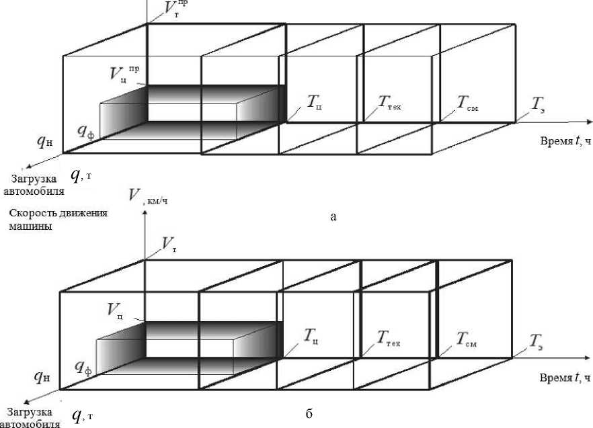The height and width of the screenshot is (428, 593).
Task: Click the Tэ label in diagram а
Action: click(539, 103)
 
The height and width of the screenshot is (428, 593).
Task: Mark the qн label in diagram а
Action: click(45, 142)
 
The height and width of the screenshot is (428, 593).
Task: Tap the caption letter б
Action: click(308, 413)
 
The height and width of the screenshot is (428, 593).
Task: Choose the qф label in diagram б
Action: click(83, 367)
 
